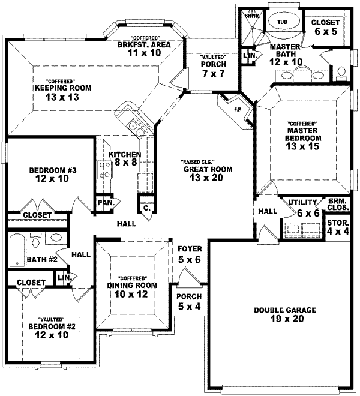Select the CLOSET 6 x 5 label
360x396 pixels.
point(326,26)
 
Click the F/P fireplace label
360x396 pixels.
point(236,110)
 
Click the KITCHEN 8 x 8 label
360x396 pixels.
point(125,158)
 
